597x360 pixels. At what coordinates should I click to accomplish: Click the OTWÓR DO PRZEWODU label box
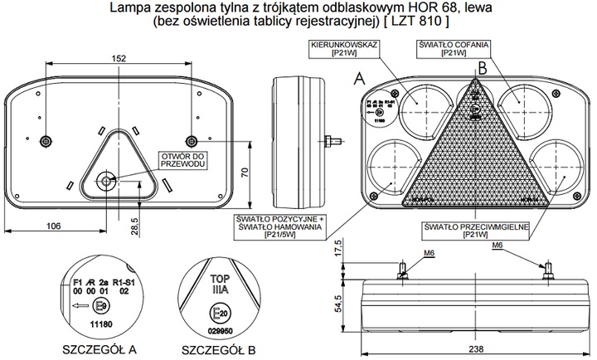[182, 162]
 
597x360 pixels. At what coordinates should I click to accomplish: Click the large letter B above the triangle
[481, 69]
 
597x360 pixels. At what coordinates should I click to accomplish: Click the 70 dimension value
[244, 173]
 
